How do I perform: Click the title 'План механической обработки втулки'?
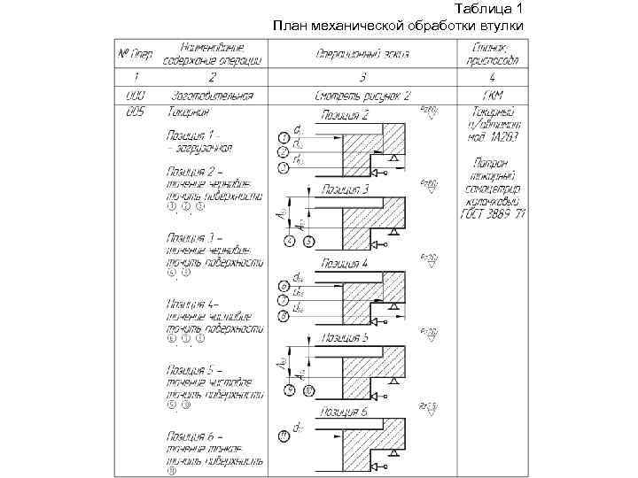tap(399, 24)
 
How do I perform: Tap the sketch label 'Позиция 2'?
tap(346, 115)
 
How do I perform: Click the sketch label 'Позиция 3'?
tap(346, 189)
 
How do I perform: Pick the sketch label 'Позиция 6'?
tap(346, 411)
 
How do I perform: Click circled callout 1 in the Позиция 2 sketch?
tap(283, 138)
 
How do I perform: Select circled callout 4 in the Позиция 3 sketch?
tap(288, 240)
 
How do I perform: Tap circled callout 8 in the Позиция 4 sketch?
tap(283, 314)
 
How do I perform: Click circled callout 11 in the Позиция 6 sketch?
tap(283, 435)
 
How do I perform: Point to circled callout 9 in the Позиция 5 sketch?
tap(288, 389)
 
